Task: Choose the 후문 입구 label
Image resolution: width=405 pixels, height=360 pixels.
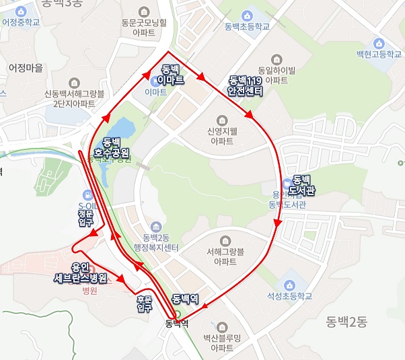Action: point(144,303)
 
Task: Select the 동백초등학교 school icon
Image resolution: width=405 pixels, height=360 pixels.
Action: point(248,15)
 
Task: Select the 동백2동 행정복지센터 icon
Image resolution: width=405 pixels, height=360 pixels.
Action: point(156,225)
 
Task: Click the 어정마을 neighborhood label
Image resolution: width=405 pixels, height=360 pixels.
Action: point(26,68)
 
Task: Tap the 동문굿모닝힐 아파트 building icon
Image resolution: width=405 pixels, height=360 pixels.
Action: point(143,11)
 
